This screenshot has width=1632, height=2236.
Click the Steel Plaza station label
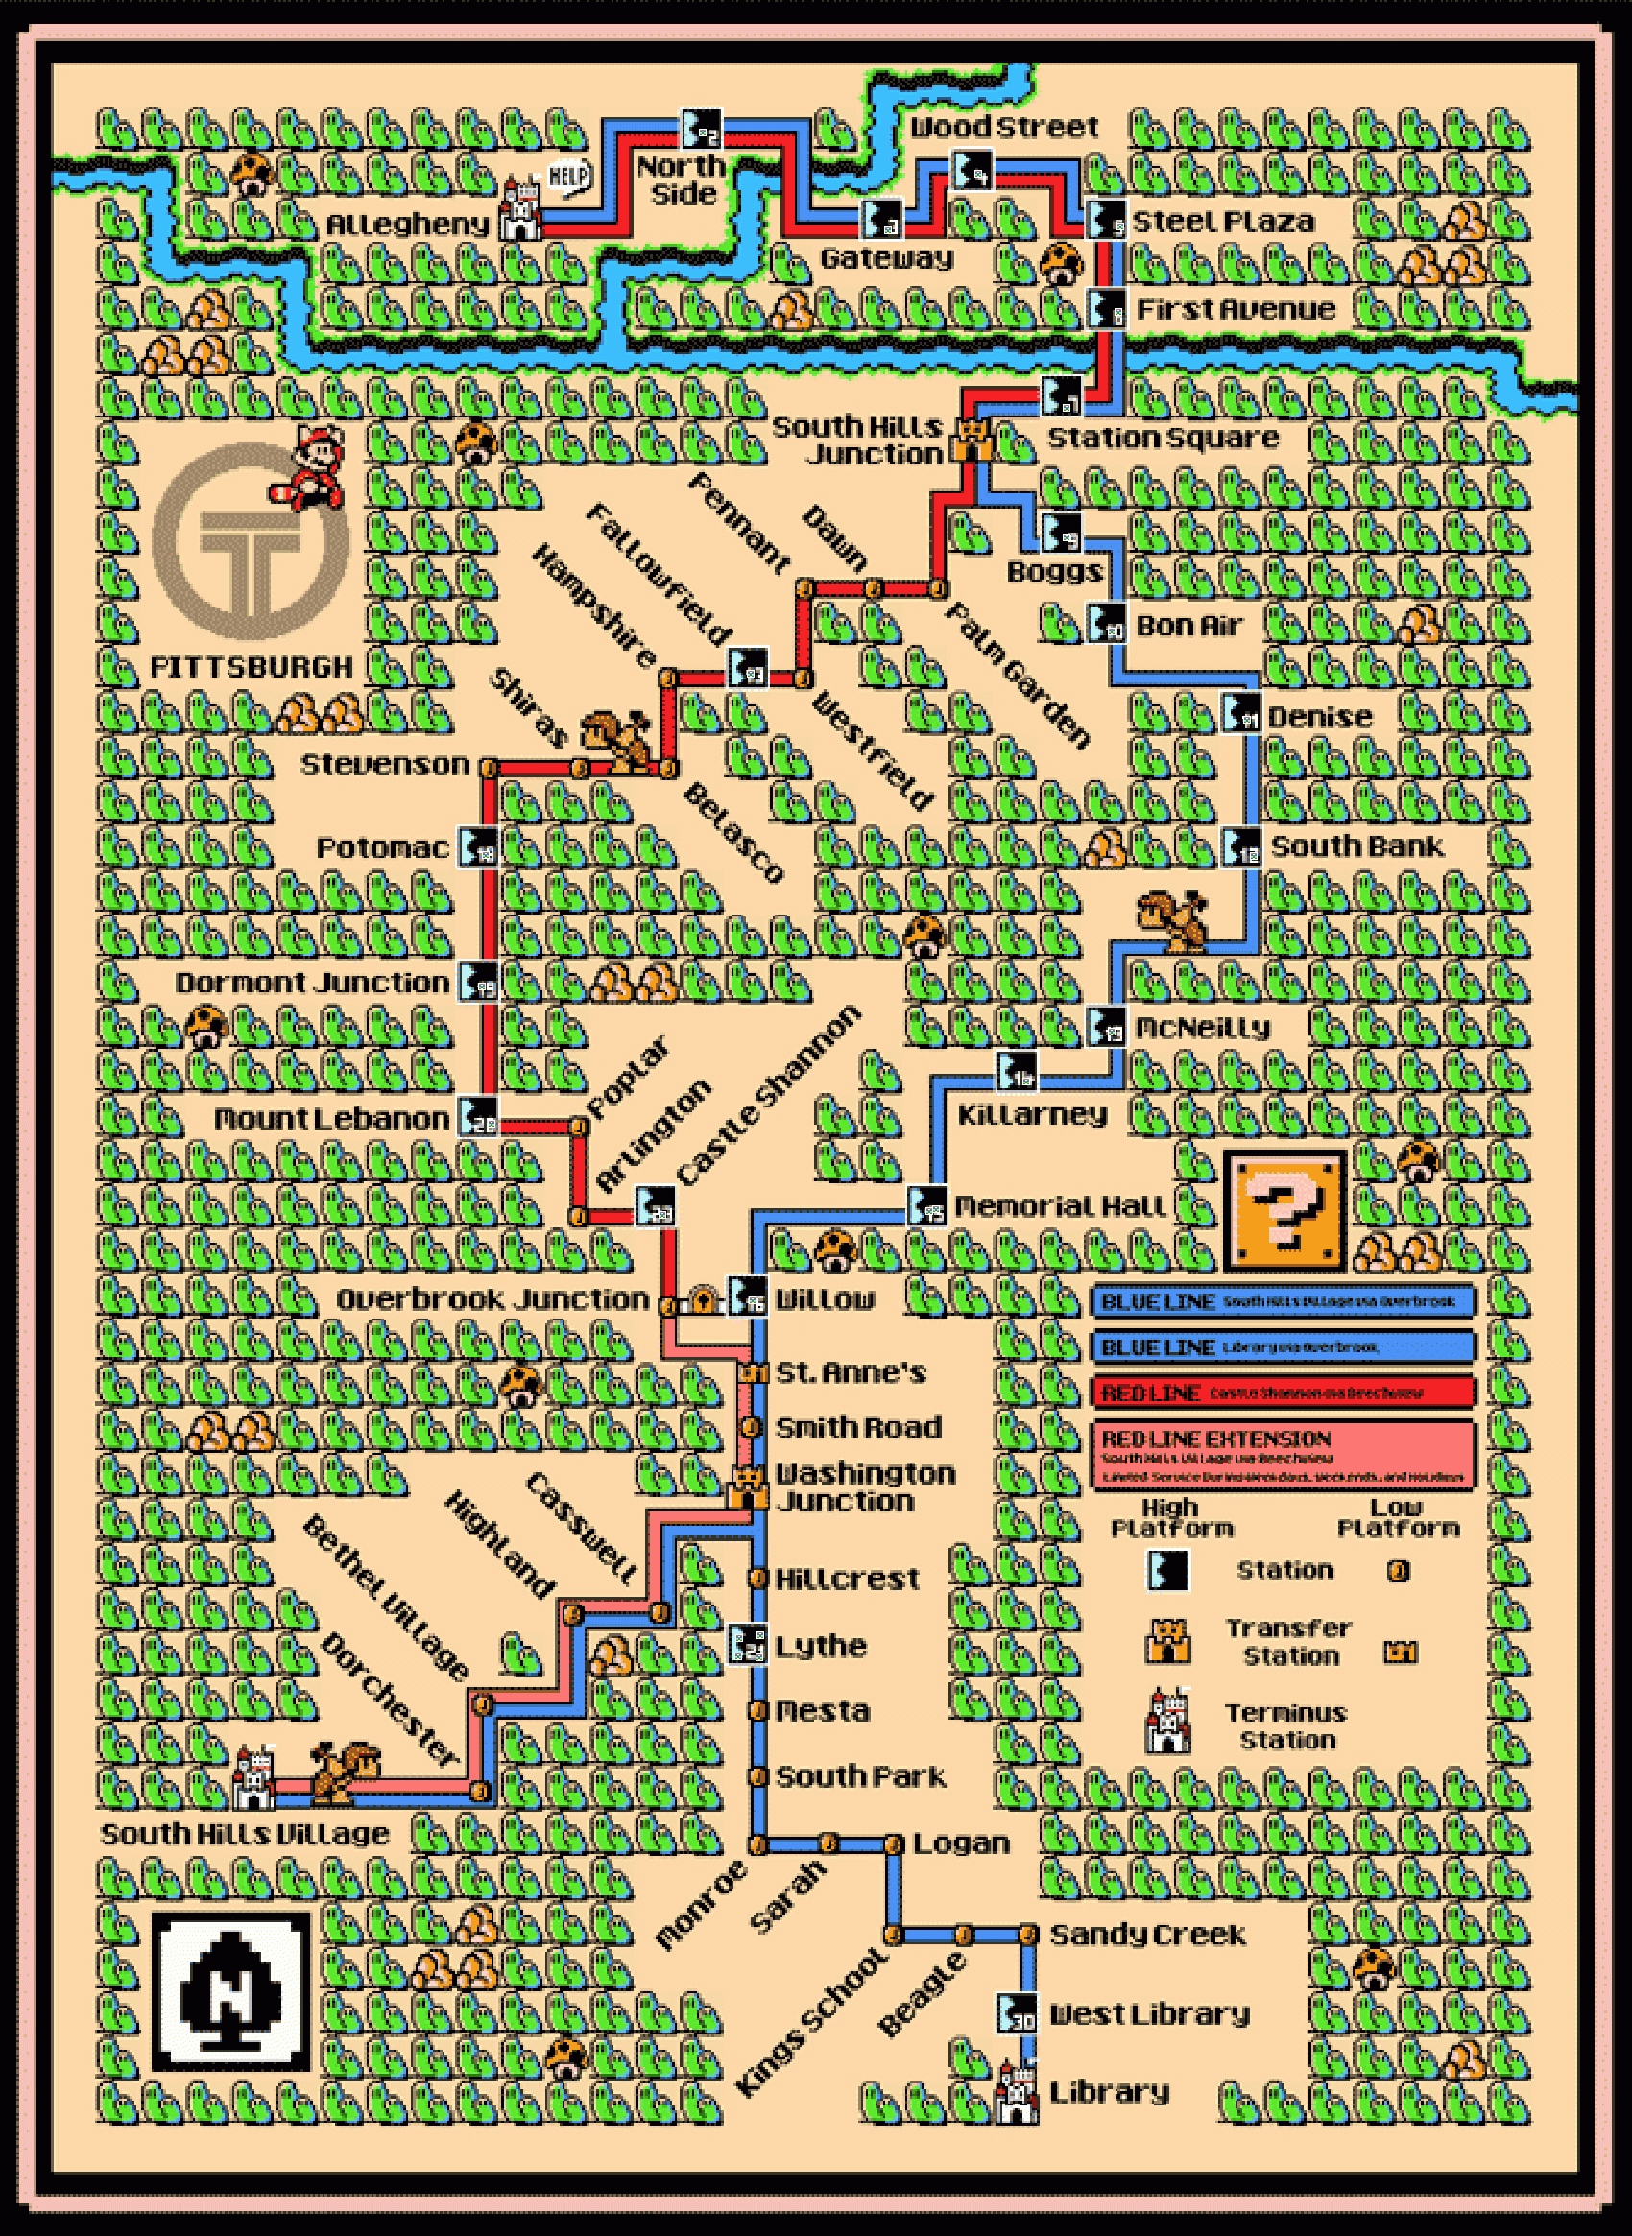click(1223, 222)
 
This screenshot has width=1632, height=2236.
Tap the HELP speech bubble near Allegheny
click(568, 178)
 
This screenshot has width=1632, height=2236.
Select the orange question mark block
click(1284, 1210)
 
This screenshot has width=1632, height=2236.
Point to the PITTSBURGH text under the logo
click(251, 668)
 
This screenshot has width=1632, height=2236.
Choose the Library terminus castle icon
click(1018, 2093)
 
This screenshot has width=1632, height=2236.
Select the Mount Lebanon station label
click(332, 1119)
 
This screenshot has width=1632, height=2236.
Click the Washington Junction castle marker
click(750, 1487)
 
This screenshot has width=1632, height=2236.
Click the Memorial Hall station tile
click(925, 1206)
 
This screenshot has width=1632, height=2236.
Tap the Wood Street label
click(1004, 128)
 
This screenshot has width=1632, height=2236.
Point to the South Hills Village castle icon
click(253, 1777)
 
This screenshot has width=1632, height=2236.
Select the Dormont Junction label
click(312, 984)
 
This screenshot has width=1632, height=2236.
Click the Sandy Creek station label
click(1147, 1935)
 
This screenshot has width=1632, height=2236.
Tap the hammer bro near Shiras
click(617, 741)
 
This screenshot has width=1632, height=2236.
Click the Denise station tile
click(1240, 714)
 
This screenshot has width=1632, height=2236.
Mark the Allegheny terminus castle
click(518, 210)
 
